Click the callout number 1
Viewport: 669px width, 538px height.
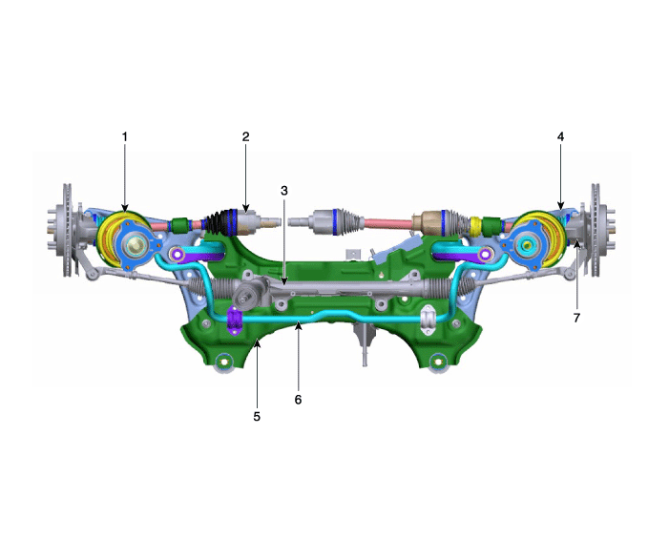tap(125, 136)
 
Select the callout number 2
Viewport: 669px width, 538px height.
tap(245, 136)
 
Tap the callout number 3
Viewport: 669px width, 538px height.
tap(284, 191)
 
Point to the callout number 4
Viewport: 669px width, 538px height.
tap(560, 136)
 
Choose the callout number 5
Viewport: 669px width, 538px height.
tap(257, 417)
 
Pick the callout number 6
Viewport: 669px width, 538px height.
tap(298, 400)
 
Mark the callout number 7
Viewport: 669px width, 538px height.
tap(576, 318)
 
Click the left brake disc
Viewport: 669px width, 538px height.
tap(67, 230)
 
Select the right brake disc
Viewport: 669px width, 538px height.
tap(596, 230)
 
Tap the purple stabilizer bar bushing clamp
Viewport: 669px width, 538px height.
tap(235, 320)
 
